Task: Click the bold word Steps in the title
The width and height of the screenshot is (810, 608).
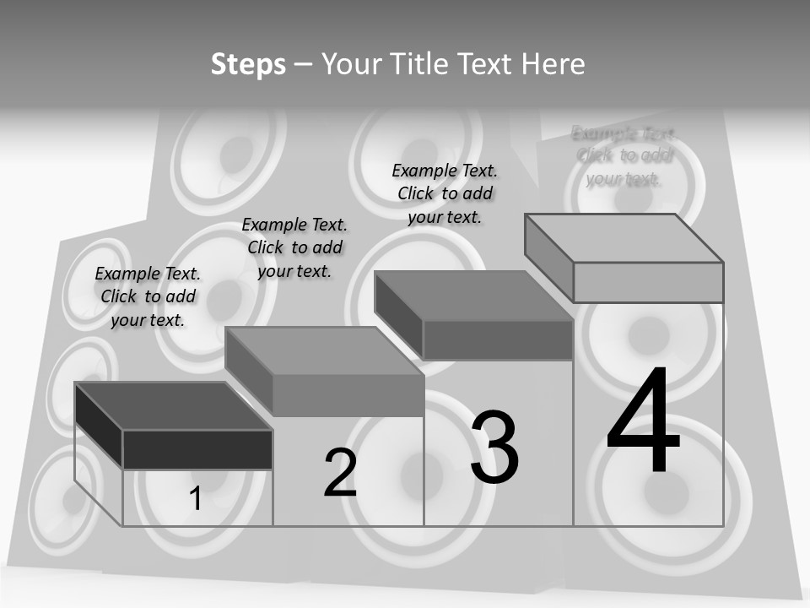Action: (248, 64)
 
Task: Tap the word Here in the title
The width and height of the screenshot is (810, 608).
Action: (553, 64)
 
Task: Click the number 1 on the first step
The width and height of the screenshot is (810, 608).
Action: (196, 499)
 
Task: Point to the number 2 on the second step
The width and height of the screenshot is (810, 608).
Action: (340, 473)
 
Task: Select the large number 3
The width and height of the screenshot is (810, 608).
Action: (494, 448)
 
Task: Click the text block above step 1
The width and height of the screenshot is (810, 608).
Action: (148, 296)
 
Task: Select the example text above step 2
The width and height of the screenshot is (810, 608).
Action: (294, 247)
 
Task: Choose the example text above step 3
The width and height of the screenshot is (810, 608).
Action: (445, 193)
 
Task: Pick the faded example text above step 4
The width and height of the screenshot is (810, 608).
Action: (624, 155)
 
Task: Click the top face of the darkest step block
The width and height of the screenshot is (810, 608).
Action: (173, 405)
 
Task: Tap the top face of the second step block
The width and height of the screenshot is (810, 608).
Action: (324, 350)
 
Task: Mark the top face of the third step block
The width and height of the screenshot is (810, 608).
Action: (473, 296)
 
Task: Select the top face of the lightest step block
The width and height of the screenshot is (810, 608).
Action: (624, 238)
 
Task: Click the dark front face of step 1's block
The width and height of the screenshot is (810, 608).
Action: (197, 449)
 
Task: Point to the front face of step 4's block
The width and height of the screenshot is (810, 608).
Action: (648, 282)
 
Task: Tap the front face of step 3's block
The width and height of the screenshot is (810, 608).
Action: (498, 339)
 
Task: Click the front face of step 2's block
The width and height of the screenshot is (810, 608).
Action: (348, 395)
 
